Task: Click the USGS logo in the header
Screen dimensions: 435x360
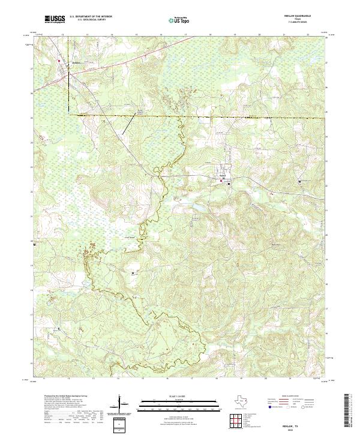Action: click(55, 20)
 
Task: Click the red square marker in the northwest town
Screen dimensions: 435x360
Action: click(59, 61)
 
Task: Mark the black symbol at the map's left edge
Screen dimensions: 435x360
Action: click(34, 245)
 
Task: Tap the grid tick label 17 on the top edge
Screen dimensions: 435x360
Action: click(185, 35)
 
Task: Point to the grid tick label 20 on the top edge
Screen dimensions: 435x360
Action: click(259, 35)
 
